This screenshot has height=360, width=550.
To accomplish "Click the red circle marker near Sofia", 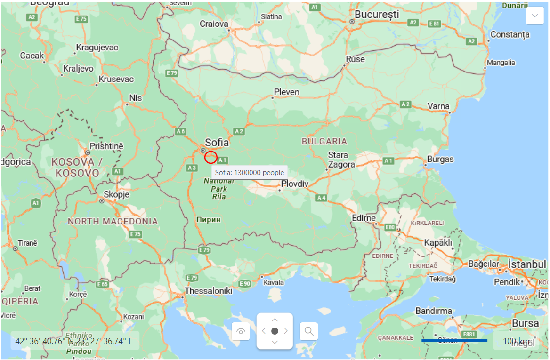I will tap(211, 158).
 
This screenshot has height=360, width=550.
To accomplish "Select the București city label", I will tap(377, 15).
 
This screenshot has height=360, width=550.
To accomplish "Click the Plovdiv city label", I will tap(294, 184).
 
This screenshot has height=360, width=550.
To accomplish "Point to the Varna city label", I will tap(438, 106).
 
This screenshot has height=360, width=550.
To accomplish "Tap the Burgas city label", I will tap(440, 159).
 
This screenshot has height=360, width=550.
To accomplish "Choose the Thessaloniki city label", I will tap(209, 291).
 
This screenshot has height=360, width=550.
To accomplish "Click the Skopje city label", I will tap(116, 195).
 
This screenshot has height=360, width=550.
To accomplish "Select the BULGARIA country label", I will tap(324, 141).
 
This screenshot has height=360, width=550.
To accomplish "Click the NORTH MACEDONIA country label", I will tap(113, 221).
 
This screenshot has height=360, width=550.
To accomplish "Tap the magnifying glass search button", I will tap(309, 331).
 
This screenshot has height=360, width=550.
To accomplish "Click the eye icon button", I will tap(241, 331).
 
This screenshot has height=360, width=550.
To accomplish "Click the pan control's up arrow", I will tap(275, 320).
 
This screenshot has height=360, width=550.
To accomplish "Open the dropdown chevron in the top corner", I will tap(534, 16).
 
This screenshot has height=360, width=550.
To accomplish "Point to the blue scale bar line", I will tap(454, 340).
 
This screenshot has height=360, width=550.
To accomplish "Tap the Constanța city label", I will tap(510, 35).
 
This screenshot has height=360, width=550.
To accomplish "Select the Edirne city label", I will tap(364, 218).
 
